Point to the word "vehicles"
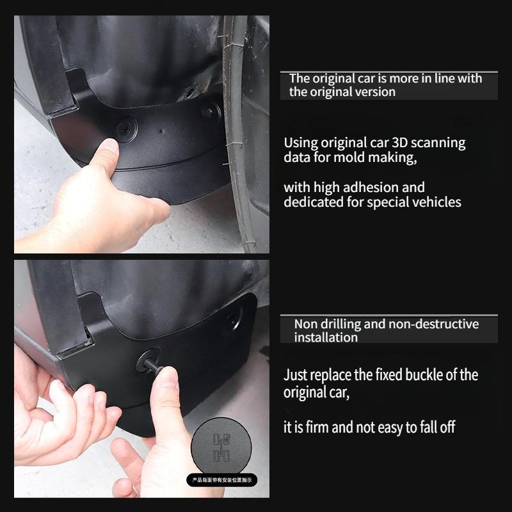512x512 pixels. (x=435, y=202)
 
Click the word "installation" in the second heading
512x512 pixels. (x=326, y=337)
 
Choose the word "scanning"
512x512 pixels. (x=438, y=143)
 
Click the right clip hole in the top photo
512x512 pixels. (x=211, y=111)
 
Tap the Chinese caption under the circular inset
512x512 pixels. (x=221, y=479)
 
